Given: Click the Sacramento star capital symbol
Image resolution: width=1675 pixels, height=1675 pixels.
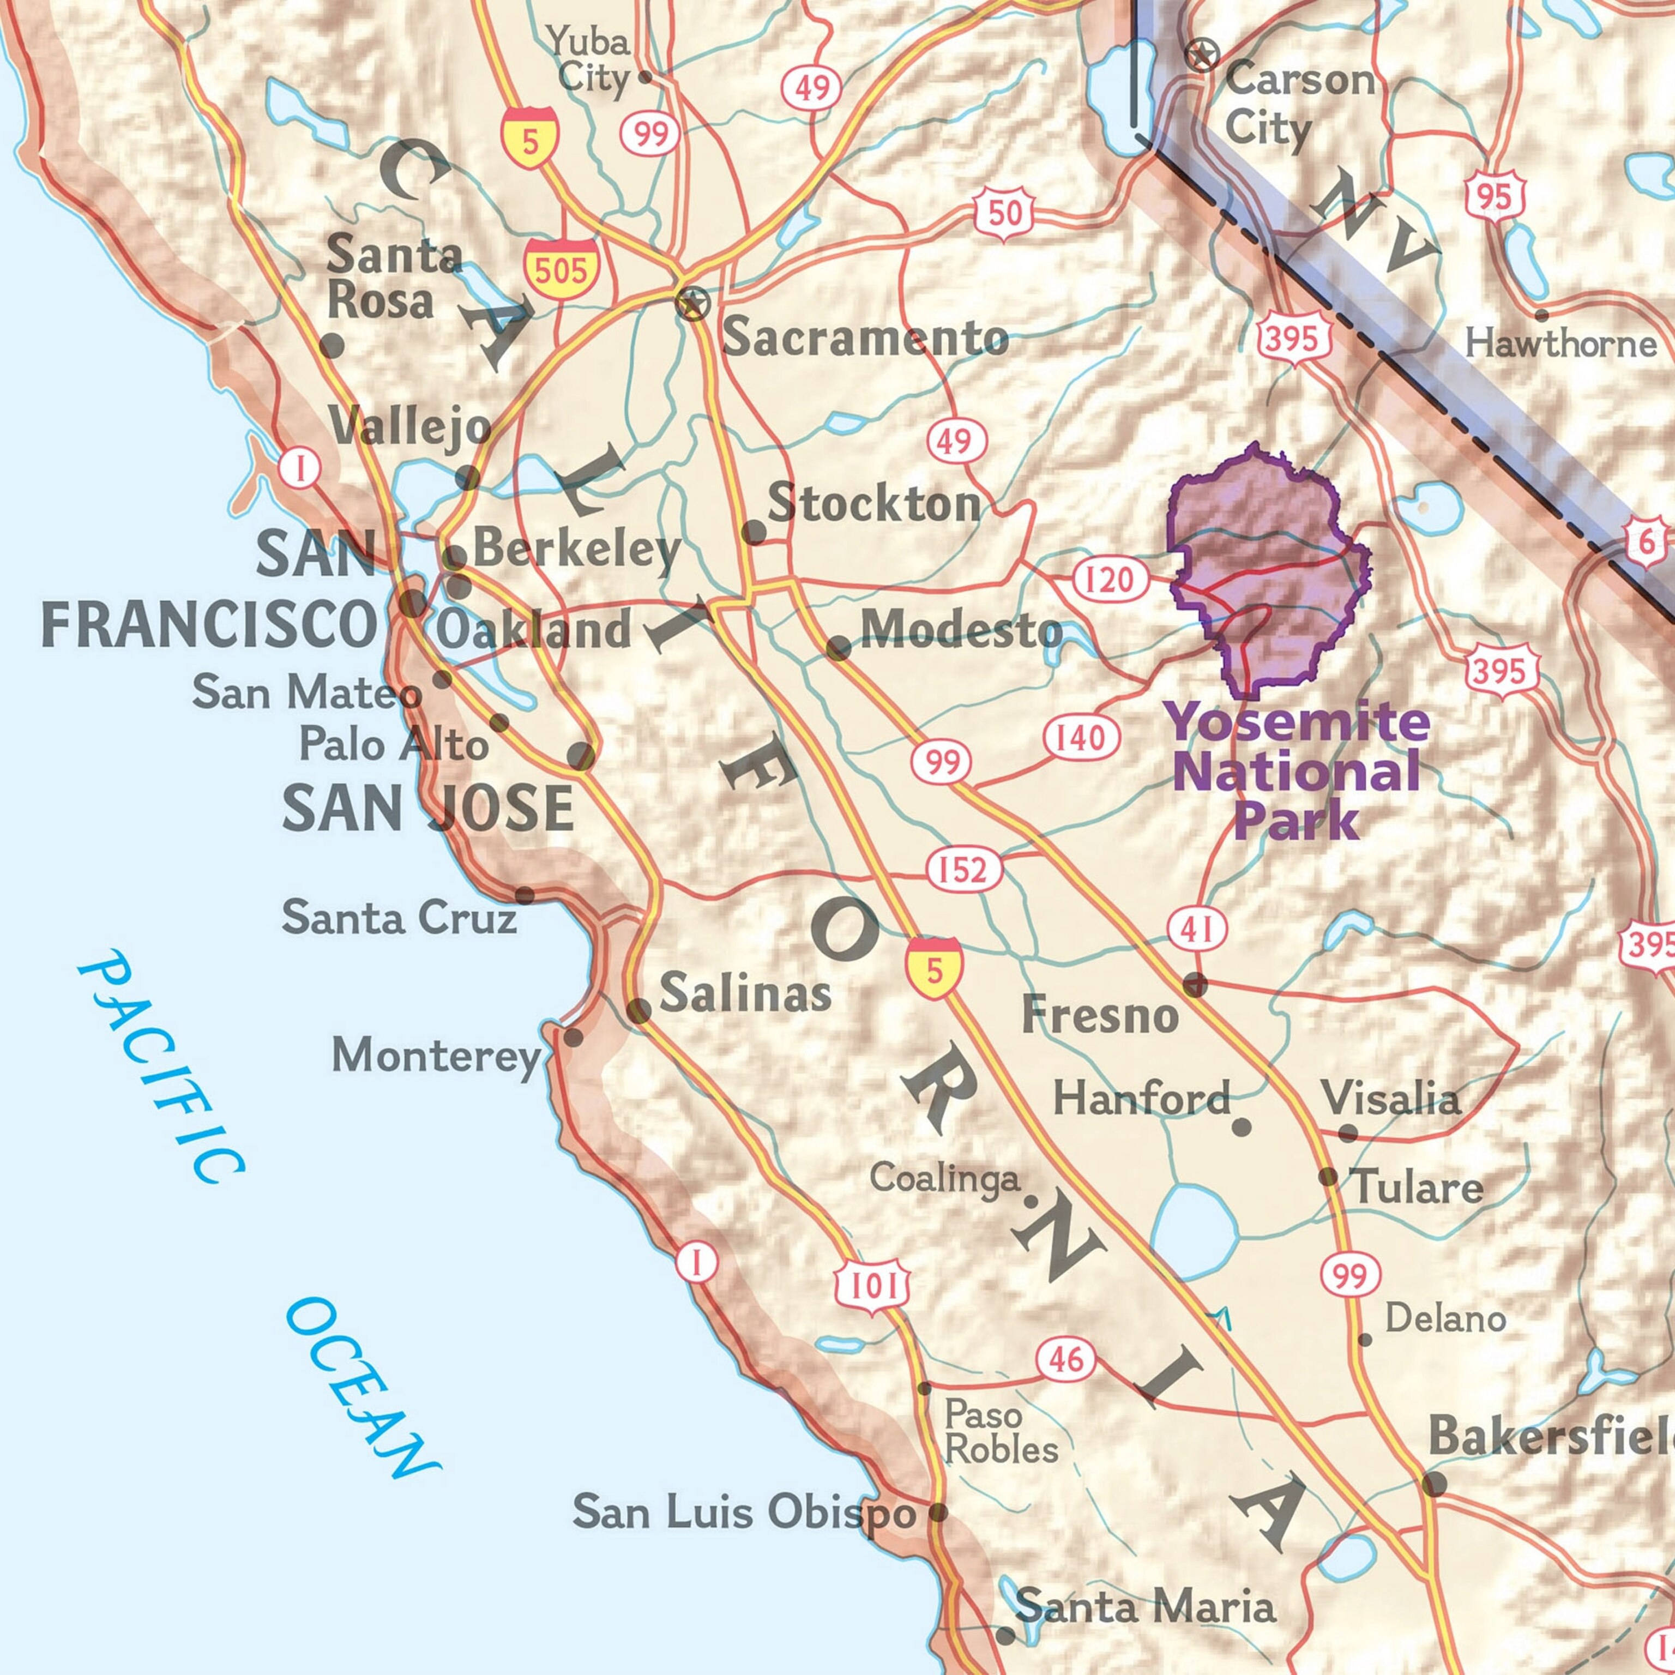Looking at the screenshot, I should (x=692, y=304).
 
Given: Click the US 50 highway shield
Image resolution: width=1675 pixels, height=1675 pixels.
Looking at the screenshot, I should (x=1005, y=213).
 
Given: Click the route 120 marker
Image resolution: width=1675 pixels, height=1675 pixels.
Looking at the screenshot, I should (x=1109, y=579).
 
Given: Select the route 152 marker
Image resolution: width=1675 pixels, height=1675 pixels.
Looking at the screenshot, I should (x=964, y=869).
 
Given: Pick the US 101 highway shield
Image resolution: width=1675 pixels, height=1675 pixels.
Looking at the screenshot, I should (x=873, y=1284).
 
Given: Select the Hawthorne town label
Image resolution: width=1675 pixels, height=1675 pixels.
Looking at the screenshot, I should (x=1560, y=344).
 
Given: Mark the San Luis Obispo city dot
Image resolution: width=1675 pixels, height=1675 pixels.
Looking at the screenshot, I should (x=938, y=1514).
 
